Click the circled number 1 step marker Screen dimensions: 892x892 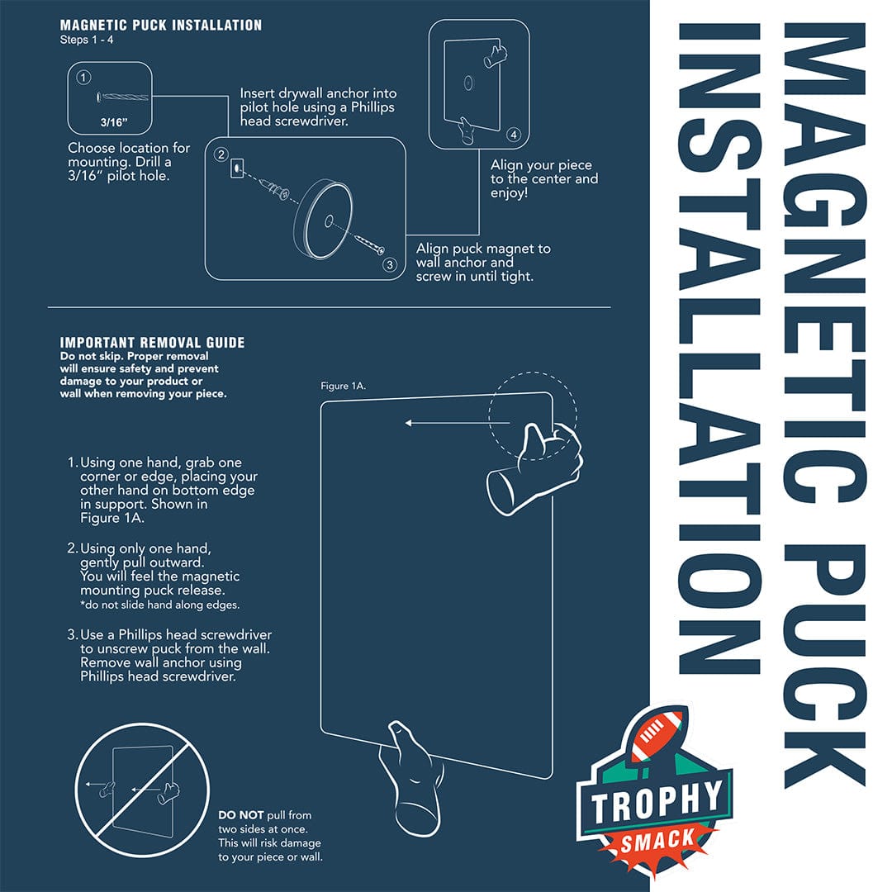click(x=83, y=78)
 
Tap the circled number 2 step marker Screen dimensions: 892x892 click(x=221, y=154)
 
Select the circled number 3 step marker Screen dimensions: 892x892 click(x=390, y=264)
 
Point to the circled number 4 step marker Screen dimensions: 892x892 click(x=514, y=135)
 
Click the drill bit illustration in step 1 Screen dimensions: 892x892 click(x=123, y=97)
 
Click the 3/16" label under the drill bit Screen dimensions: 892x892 click(x=114, y=122)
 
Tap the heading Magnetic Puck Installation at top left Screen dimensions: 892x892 click(x=161, y=25)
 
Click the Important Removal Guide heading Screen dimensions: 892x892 click(x=153, y=343)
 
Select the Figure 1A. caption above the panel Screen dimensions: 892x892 click(x=343, y=386)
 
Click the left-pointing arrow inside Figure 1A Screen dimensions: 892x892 click(x=457, y=423)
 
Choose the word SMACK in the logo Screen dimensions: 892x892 click(x=658, y=840)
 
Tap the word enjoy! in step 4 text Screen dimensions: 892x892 click(x=509, y=193)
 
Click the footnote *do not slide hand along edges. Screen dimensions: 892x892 click(x=160, y=605)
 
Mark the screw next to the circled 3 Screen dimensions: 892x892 click(x=370, y=244)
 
